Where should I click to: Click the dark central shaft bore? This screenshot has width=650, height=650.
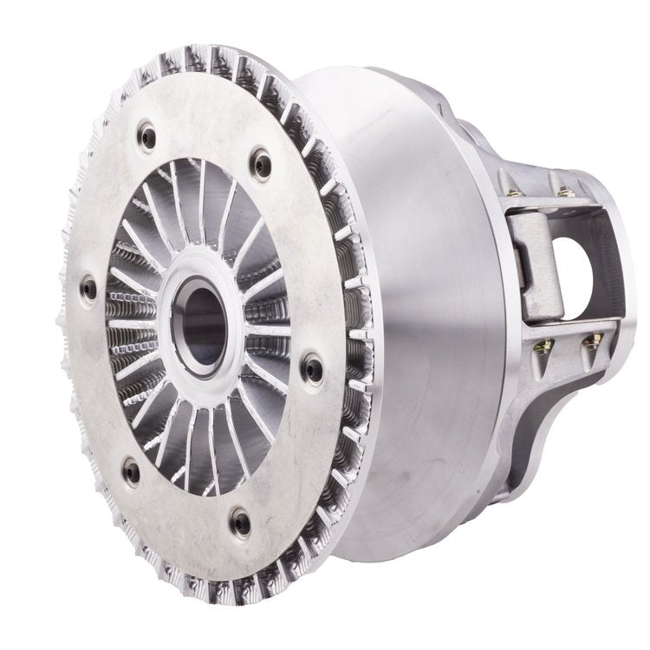198,318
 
